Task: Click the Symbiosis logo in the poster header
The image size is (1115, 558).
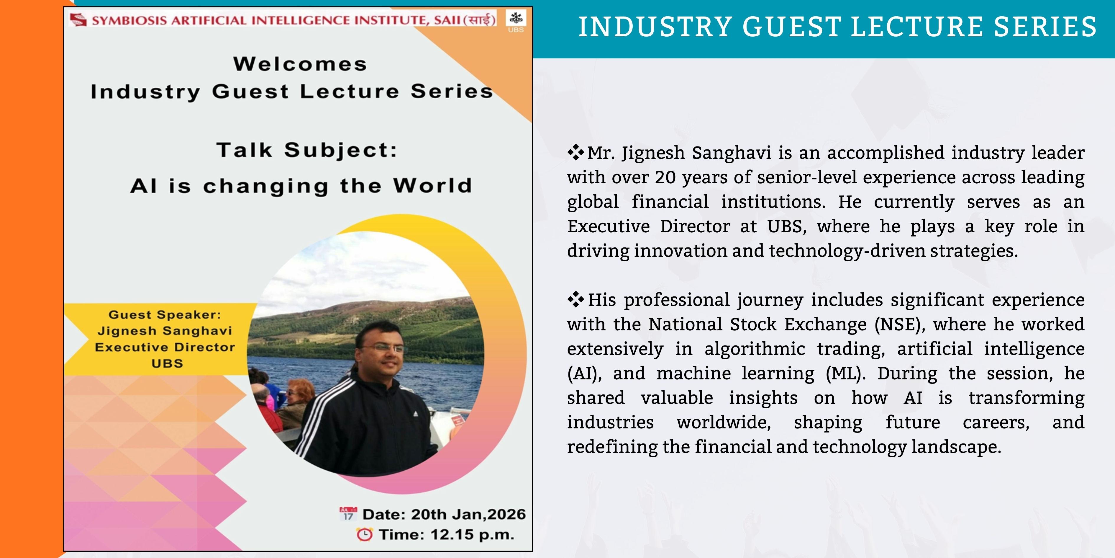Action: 78,19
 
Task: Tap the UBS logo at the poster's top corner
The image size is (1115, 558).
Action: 516,22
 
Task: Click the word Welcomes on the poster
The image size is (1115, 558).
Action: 300,64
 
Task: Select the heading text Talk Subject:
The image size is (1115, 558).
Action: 307,150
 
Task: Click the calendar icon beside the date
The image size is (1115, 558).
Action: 348,513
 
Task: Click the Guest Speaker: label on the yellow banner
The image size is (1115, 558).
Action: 165,314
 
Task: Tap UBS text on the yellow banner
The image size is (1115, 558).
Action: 167,363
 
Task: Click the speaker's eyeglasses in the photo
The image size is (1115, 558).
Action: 384,347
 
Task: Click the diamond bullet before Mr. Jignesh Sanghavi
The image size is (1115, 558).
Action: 576,152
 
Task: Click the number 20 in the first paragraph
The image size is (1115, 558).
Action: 665,177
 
